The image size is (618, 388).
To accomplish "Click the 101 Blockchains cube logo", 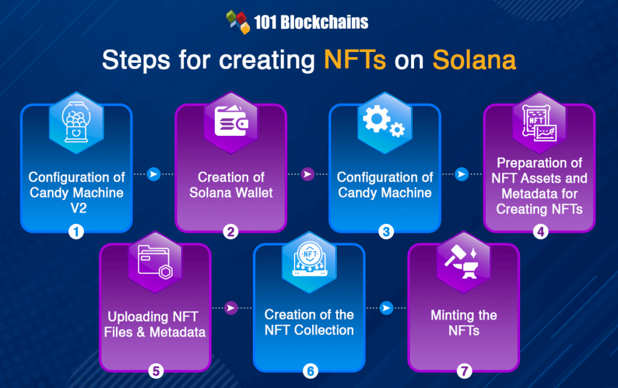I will pyautogui.click(x=237, y=22).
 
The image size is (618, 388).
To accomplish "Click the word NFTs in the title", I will pyautogui.click(x=354, y=61).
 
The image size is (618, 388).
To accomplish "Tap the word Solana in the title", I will pyautogui.click(x=474, y=61).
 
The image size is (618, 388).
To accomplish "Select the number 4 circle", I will pyautogui.click(x=539, y=231).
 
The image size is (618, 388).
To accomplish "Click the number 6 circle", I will pyautogui.click(x=310, y=370).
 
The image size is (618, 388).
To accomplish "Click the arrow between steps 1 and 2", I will pyautogui.click(x=154, y=174).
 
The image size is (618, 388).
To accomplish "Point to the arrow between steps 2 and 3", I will pyautogui.click(x=308, y=174).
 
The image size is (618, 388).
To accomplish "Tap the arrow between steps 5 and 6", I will pyautogui.click(x=231, y=308).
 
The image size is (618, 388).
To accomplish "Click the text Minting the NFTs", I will pyautogui.click(x=463, y=323).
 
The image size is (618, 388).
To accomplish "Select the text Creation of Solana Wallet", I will pyautogui.click(x=231, y=185).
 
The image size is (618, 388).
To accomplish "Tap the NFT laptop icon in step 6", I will pyautogui.click(x=309, y=261).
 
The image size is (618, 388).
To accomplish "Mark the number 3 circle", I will pyautogui.click(x=385, y=231).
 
